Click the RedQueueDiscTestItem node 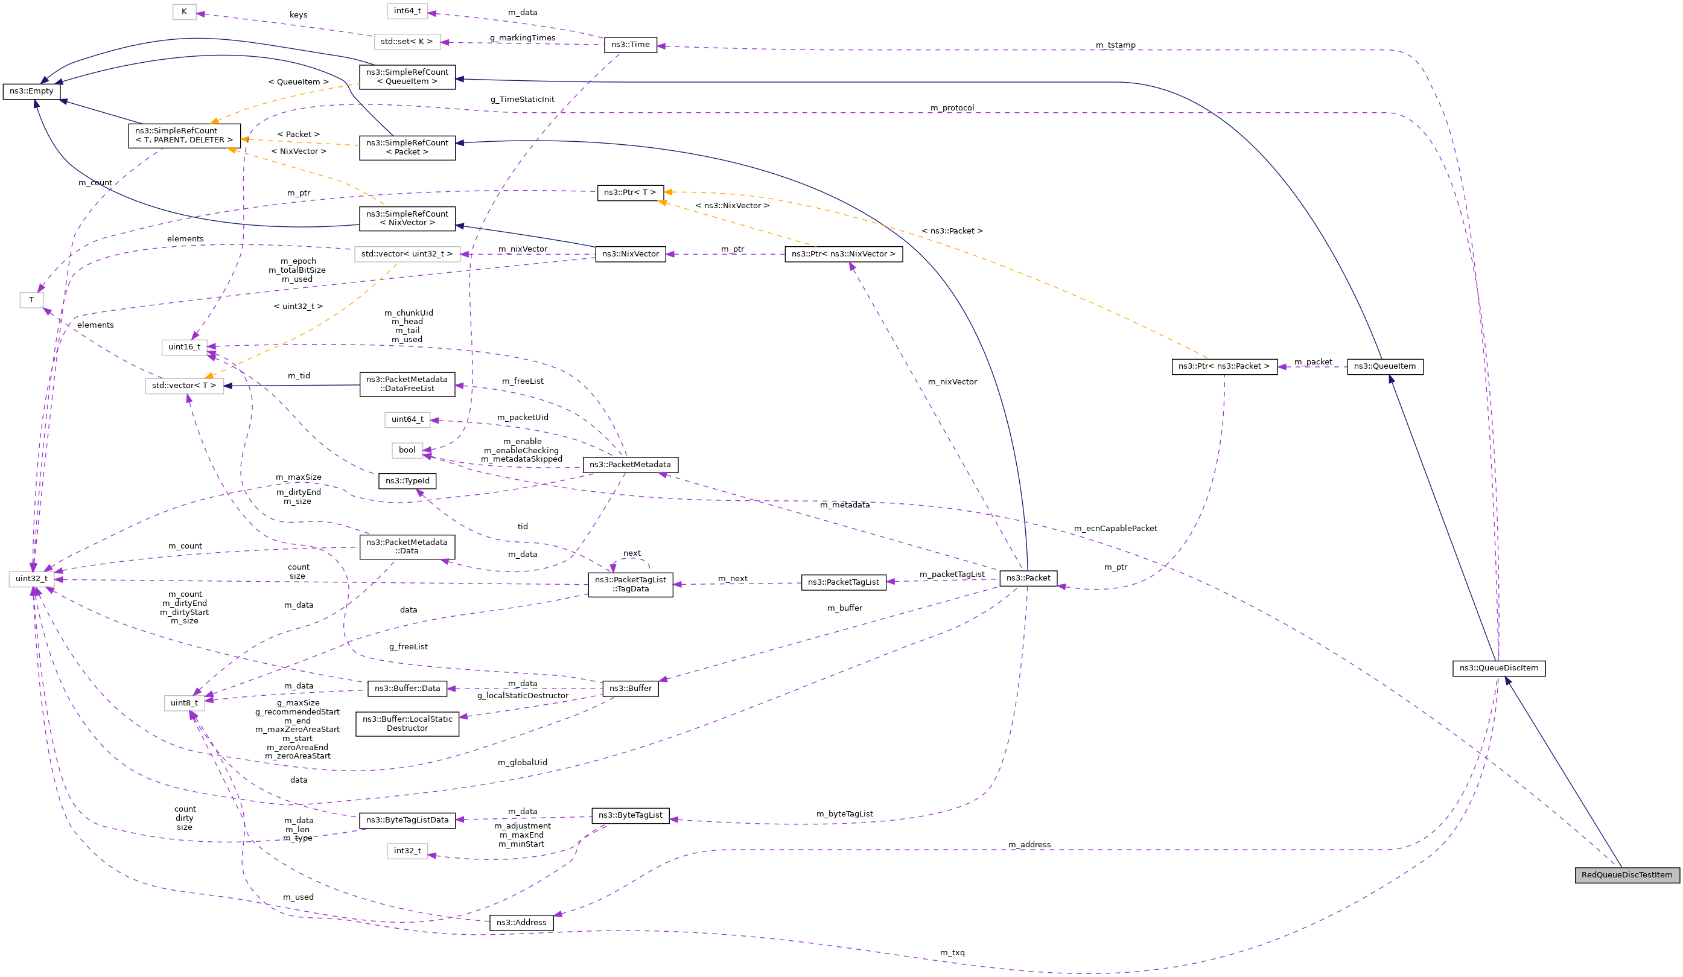(x=1626, y=875)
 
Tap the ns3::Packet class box (x=1028, y=578)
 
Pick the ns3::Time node (x=630, y=45)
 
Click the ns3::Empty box (x=31, y=91)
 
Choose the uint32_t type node (x=31, y=579)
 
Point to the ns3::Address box (x=521, y=923)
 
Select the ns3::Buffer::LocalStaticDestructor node (x=407, y=724)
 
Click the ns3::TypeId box (x=407, y=481)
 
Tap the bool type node (x=407, y=450)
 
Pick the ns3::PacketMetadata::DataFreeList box (x=407, y=384)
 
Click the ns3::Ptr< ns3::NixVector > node (x=843, y=255)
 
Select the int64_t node (x=407, y=11)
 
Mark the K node (x=183, y=11)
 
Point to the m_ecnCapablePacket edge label (x=1115, y=528)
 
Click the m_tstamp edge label (x=1115, y=45)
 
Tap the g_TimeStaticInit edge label (x=521, y=100)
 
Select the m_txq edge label (x=952, y=953)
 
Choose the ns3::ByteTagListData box (x=407, y=820)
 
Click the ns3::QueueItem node (x=1384, y=367)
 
